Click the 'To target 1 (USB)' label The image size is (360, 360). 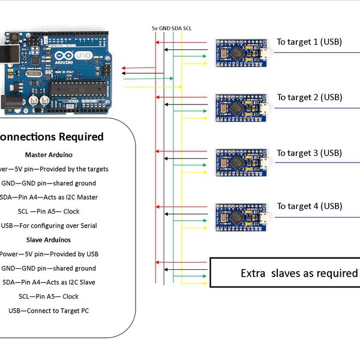tap(309, 42)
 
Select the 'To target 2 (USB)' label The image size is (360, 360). tap(309, 97)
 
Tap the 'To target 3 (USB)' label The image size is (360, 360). tap(309, 153)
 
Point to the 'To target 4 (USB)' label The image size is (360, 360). tap(309, 206)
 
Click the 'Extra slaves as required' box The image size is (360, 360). tap(286, 273)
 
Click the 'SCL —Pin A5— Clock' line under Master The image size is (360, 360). tap(48, 211)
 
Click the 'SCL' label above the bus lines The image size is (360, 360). tap(188, 28)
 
